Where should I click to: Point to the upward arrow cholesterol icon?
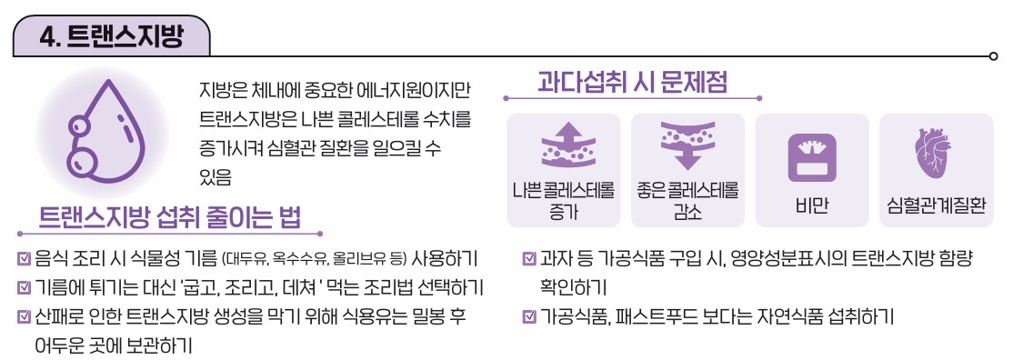coord(564,145)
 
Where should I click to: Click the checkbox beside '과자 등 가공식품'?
coord(529,258)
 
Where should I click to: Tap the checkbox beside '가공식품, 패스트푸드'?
coord(529,317)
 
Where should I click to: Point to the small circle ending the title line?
coord(993,56)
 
